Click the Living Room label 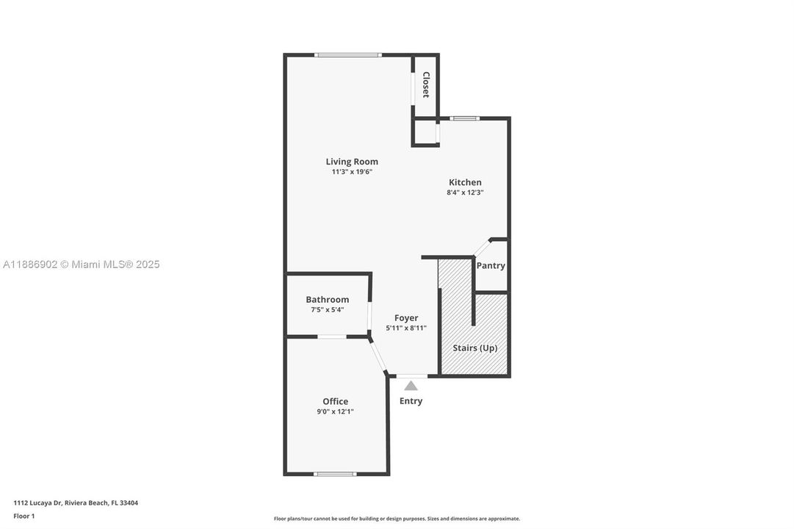tap(352, 162)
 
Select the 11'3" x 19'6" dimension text tap(352, 172)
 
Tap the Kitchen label tap(465, 182)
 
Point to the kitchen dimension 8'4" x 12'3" tap(465, 192)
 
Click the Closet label tap(425, 85)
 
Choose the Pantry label tap(491, 266)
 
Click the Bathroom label tap(328, 300)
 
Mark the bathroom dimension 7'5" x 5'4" tap(328, 310)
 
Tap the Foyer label tap(406, 318)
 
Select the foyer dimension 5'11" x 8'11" tap(406, 328)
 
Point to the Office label tap(335, 401)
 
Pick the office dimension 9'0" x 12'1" tap(335, 411)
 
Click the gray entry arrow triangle tap(411, 386)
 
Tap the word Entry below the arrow tap(411, 401)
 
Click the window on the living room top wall tap(347, 55)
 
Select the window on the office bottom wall tap(335, 474)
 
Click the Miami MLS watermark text tap(81, 264)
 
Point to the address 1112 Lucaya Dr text tap(76, 503)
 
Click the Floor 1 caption tap(24, 517)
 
